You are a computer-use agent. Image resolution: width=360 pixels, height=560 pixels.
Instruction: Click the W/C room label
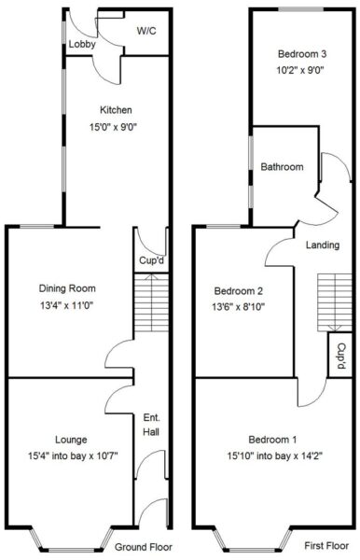tap(146, 31)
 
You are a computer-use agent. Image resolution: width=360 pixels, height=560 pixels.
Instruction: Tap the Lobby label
tap(82, 44)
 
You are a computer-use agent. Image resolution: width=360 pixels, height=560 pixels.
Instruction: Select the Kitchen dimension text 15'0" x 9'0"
tap(113, 127)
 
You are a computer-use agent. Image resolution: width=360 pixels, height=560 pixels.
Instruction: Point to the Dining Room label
tap(67, 288)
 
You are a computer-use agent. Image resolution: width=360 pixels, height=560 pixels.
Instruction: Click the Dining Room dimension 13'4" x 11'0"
tap(67, 305)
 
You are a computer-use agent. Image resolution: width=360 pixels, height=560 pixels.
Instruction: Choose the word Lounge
tap(71, 440)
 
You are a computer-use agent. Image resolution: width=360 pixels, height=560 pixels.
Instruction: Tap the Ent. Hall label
tap(151, 425)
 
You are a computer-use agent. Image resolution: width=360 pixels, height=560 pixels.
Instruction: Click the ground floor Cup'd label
tap(152, 260)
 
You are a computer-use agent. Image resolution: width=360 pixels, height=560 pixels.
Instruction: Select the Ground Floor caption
tap(144, 547)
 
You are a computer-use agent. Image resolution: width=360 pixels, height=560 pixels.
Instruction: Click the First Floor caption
tap(326, 545)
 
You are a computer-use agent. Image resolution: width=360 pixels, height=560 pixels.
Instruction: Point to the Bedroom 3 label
tap(302, 54)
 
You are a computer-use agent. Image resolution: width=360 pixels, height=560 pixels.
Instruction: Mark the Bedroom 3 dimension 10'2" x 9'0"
tap(300, 70)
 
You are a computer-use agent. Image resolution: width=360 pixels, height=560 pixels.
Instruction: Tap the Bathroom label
tap(282, 167)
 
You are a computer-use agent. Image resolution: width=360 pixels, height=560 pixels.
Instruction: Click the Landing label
tap(323, 245)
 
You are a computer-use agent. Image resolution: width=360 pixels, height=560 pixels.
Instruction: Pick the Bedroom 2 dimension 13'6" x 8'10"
tap(239, 307)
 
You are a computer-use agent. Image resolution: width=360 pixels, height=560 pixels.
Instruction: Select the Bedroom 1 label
tap(272, 440)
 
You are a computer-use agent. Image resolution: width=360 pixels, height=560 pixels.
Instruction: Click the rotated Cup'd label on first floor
tap(341, 356)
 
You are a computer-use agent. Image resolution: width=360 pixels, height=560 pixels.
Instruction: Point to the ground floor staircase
tap(151, 302)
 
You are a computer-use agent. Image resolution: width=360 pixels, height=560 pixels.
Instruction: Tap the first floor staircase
tap(335, 302)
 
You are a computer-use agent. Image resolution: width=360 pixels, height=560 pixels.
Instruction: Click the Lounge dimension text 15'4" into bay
tap(58, 456)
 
